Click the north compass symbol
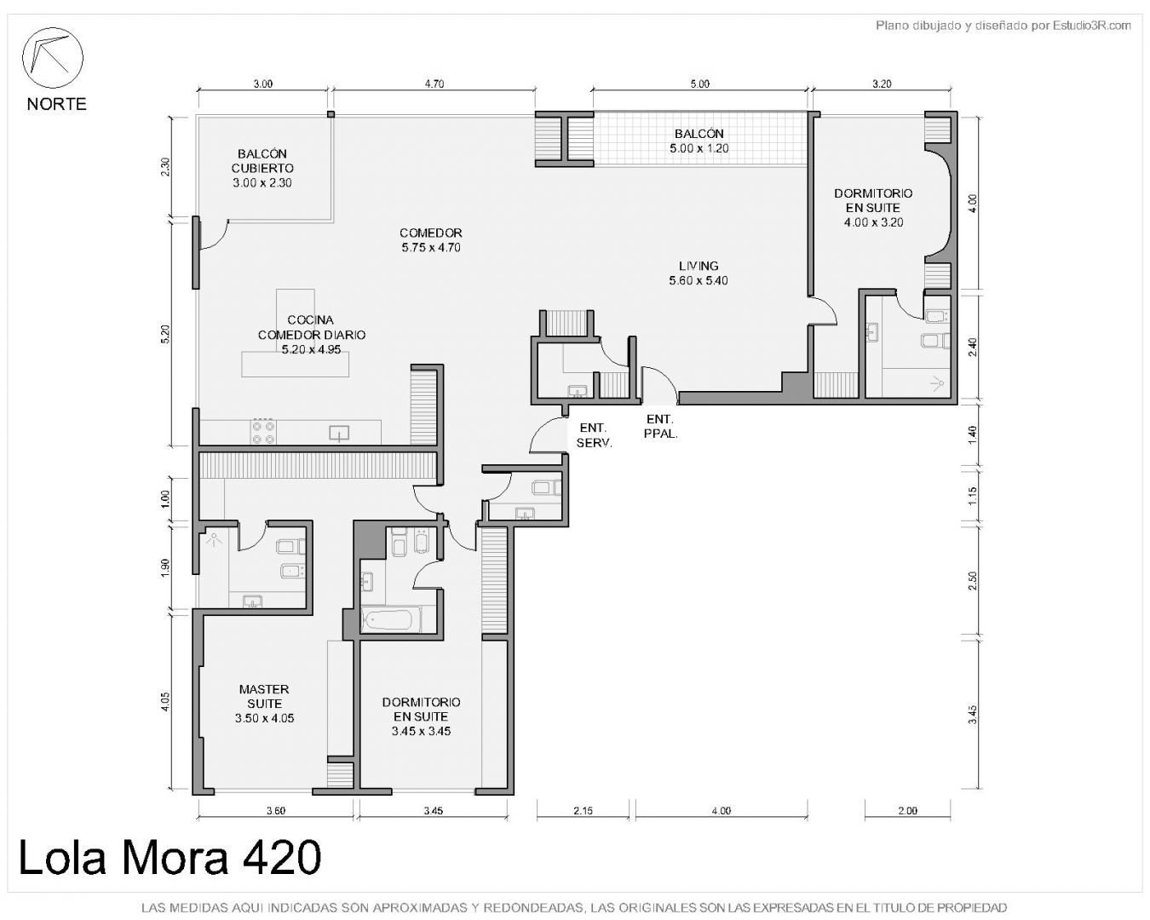[52, 58]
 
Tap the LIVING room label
[698, 266]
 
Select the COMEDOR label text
[431, 233]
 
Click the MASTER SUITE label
[264, 697]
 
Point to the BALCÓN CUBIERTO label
[262, 161]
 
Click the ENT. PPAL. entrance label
[660, 427]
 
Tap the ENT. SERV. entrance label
[594, 435]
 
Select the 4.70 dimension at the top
[434, 84]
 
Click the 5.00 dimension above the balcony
[699, 84]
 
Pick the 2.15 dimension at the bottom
[583, 811]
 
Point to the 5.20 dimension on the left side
[165, 334]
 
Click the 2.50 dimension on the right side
[973, 581]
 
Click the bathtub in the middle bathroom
[388, 620]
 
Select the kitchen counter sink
[339, 434]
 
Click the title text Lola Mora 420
[170, 857]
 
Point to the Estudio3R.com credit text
[1092, 25]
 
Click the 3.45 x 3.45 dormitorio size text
[421, 731]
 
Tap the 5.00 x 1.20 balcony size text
[699, 148]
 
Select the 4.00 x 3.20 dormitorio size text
[873, 222]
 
